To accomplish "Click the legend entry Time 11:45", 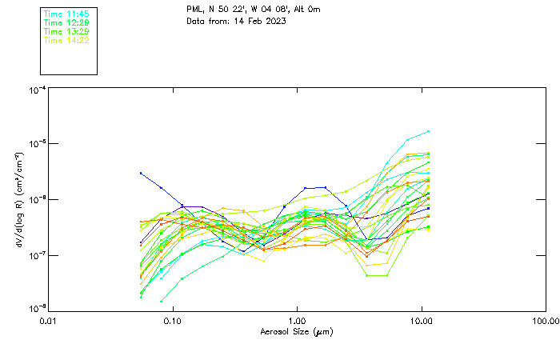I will pos(66,14).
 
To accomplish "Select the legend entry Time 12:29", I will pos(66,23).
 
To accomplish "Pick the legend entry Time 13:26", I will pos(66,31).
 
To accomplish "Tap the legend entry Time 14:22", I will pos(66,40).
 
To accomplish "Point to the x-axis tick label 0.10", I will pos(172,321).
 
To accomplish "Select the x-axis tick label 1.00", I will pos(297,321).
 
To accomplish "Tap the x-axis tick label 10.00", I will pos(421,321).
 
